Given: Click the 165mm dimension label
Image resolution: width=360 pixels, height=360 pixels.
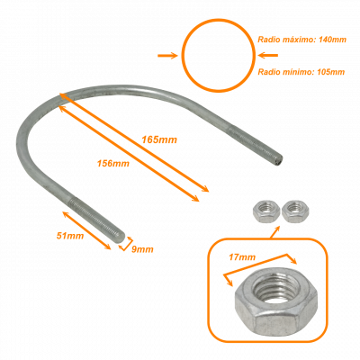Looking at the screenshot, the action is point(159,139).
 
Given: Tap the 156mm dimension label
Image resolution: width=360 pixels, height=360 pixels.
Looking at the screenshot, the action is point(113,164).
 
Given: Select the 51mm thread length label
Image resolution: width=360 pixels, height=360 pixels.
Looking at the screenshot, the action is point(70,236).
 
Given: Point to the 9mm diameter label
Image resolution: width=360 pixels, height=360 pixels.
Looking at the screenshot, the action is point(142,249).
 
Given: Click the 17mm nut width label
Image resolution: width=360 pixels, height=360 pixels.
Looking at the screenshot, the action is point(242,257).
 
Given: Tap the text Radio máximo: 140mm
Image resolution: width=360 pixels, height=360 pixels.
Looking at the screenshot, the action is point(302,40).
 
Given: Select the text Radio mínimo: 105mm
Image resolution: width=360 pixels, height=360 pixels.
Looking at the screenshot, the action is point(301,72).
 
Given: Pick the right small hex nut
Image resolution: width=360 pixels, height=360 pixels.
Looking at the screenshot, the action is point(295,211).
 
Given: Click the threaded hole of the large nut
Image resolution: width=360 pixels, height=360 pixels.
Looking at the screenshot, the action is point(275,289).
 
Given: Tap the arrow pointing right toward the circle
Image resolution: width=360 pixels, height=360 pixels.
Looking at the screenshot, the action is point(167,56).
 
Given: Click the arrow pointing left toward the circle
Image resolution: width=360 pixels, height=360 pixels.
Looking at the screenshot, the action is point(268,55).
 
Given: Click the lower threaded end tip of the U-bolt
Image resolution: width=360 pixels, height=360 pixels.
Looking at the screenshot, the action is point(122,237).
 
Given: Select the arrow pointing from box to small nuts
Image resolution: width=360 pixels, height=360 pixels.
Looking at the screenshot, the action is point(275,232).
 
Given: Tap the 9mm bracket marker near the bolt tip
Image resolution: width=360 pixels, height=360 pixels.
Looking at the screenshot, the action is point(126,244).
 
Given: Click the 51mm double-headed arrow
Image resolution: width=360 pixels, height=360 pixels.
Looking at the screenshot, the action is point(86,230).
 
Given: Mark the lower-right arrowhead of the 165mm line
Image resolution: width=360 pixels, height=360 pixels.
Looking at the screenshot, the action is point(205,189).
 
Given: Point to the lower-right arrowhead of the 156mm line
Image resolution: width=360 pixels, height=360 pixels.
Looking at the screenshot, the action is point(195,199).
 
